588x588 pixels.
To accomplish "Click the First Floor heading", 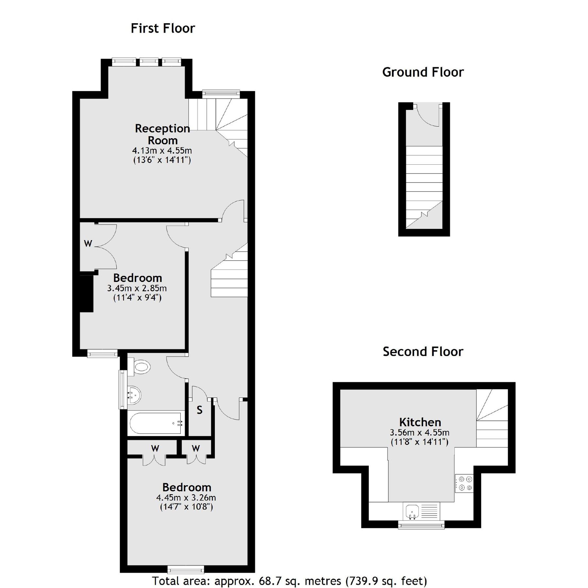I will click(163, 28).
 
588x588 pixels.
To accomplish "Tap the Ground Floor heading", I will click(423, 72).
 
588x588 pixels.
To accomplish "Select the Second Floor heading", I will click(423, 351).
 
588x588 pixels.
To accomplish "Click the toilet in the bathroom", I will click(140, 367).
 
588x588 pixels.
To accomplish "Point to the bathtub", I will click(155, 423).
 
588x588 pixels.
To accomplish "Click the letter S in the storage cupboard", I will click(199, 410).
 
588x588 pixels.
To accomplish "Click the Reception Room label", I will click(162, 134).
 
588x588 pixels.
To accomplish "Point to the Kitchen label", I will click(420, 422).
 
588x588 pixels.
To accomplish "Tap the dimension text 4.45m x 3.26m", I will click(186, 498).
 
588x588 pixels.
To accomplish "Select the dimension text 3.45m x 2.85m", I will click(137, 288).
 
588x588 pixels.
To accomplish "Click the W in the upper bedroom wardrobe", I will click(88, 243).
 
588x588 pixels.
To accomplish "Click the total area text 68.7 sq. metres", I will click(289, 581).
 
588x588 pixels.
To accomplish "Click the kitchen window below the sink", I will click(421, 525).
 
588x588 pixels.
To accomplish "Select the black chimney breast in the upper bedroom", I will click(87, 293).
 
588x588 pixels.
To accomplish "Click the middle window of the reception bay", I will click(149, 62).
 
